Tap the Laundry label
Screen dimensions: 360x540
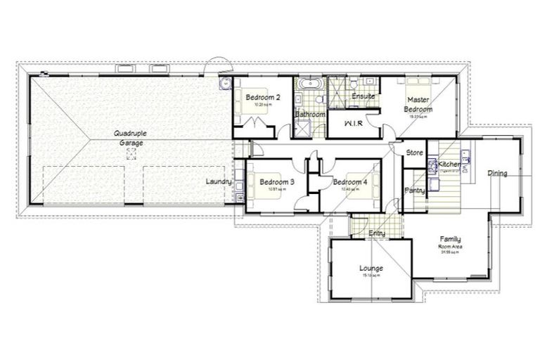click(218, 182)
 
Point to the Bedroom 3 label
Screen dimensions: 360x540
click(276, 182)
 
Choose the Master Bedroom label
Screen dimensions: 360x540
click(418, 105)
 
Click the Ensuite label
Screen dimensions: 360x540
click(363, 96)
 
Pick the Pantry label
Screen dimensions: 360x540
click(414, 190)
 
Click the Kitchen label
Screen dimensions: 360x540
click(450, 165)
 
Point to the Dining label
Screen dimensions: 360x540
click(497, 173)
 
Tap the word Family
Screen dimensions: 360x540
click(450, 239)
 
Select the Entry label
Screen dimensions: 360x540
click(377, 233)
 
